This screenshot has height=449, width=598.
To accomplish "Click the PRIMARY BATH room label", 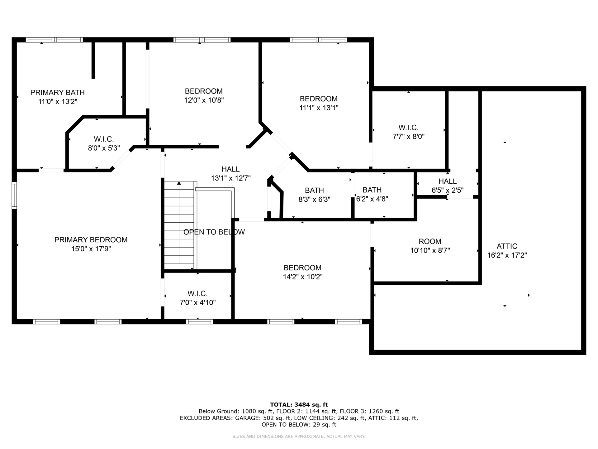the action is pyautogui.click(x=57, y=93).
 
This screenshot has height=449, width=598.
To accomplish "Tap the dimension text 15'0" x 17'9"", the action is pyautogui.click(x=91, y=249).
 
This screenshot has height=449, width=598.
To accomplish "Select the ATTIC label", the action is pyautogui.click(x=507, y=246).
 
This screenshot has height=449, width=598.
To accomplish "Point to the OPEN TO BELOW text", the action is pyautogui.click(x=214, y=232).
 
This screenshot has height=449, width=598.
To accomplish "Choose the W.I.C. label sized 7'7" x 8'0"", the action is pyautogui.click(x=408, y=128).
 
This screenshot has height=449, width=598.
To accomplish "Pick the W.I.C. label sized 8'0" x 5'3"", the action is pyautogui.click(x=104, y=139).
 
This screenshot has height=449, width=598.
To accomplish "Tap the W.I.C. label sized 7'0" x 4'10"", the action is pyautogui.click(x=197, y=294).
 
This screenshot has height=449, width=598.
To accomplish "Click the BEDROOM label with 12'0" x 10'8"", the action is pyautogui.click(x=204, y=91).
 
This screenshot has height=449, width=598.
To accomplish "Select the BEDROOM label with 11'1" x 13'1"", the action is pyautogui.click(x=319, y=99).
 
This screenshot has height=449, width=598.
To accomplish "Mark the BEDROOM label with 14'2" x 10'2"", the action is pyautogui.click(x=302, y=268).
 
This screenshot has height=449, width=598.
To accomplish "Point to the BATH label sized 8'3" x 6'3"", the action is pyautogui.click(x=314, y=191).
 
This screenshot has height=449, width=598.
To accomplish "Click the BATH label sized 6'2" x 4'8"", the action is pyautogui.click(x=372, y=190).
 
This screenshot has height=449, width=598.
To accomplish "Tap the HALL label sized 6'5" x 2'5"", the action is pyautogui.click(x=448, y=181).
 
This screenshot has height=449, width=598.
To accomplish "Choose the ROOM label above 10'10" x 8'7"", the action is pyautogui.click(x=430, y=242).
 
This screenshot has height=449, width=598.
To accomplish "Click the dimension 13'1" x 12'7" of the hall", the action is pyautogui.click(x=231, y=178).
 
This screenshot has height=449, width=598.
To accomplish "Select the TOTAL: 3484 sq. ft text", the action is pyautogui.click(x=299, y=405).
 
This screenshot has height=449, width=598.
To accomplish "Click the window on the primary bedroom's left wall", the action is pyautogui.click(x=14, y=195).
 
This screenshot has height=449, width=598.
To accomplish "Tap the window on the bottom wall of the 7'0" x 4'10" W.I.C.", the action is pyautogui.click(x=200, y=322).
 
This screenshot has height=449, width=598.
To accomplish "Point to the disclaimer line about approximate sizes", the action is pyautogui.click(x=299, y=437).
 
